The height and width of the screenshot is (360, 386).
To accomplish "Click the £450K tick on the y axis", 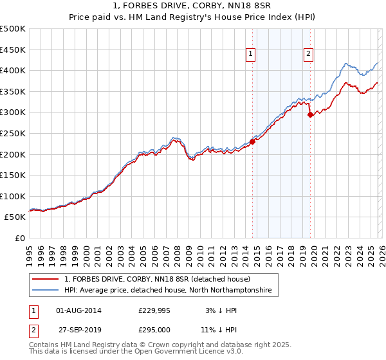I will click(x=13, y=50).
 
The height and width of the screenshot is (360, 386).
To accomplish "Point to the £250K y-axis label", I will click(x=13, y=133).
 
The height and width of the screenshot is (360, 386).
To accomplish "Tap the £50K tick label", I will click(x=15, y=217).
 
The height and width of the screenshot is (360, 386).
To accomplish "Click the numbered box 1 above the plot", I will click(x=250, y=55).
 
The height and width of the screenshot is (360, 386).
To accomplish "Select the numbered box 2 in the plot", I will click(x=309, y=55).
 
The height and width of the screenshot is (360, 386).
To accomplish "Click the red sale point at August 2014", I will click(x=252, y=142).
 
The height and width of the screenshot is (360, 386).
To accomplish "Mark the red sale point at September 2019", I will click(x=311, y=115).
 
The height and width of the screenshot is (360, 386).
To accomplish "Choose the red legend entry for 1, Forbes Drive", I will click(x=161, y=280).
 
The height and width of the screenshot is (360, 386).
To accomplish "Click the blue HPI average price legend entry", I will click(x=168, y=291).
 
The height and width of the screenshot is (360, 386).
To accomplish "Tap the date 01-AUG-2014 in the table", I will click(x=79, y=310).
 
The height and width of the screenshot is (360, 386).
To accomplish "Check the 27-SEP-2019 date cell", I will click(x=79, y=330).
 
